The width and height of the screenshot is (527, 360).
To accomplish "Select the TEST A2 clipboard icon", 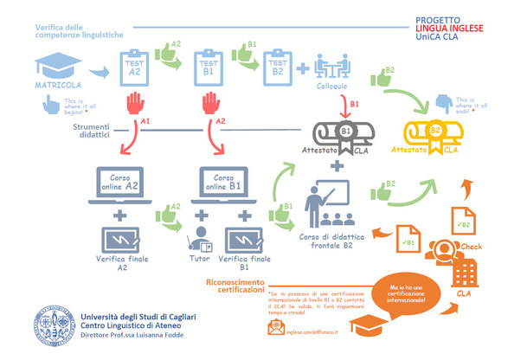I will [x=132, y=67].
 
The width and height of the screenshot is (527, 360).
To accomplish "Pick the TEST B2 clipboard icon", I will [x=275, y=67].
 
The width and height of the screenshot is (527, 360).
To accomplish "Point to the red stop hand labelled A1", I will [x=134, y=108].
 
